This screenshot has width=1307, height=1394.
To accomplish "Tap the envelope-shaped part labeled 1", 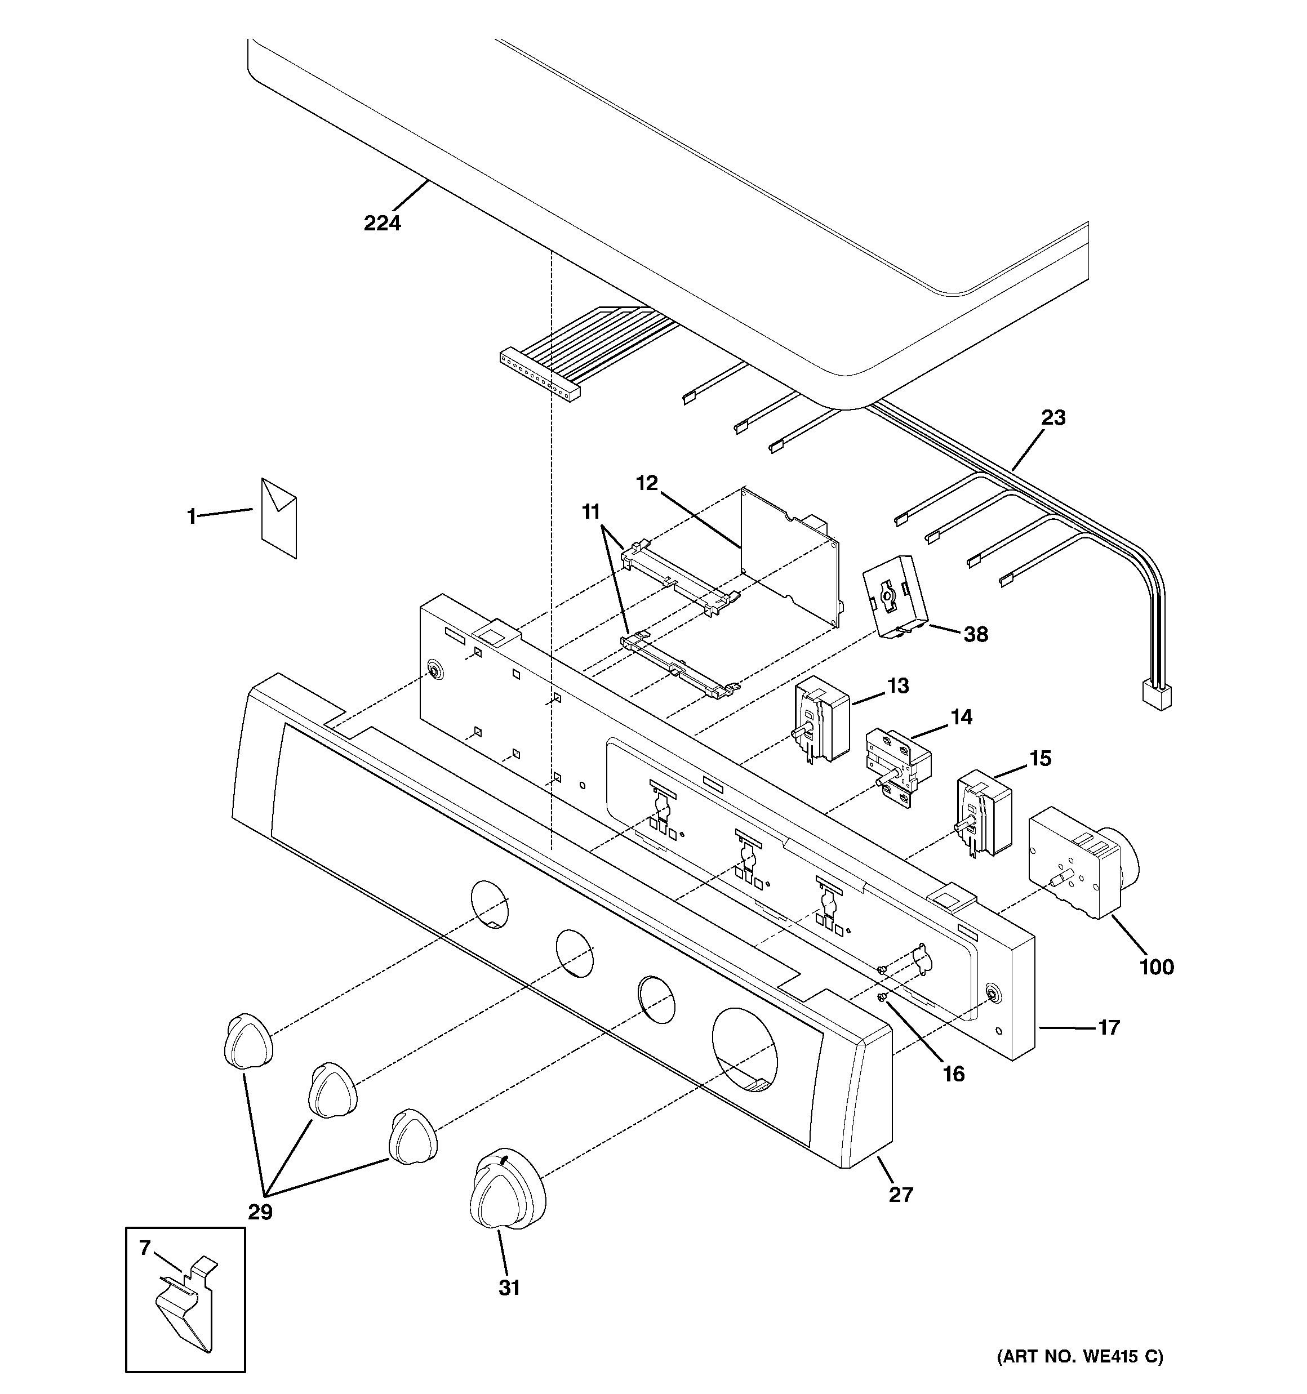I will pyautogui.click(x=278, y=518).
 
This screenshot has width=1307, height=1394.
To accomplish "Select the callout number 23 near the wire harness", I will pyautogui.click(x=1052, y=418).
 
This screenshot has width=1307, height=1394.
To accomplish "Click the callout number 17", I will pyautogui.click(x=1109, y=1028).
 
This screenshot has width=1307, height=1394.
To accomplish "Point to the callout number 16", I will pyautogui.click(x=953, y=1074).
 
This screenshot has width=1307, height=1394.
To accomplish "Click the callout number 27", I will pyautogui.click(x=901, y=1194).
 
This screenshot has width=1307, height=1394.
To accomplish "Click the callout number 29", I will pyautogui.click(x=260, y=1212).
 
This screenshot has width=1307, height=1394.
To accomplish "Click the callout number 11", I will pyautogui.click(x=591, y=512).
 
